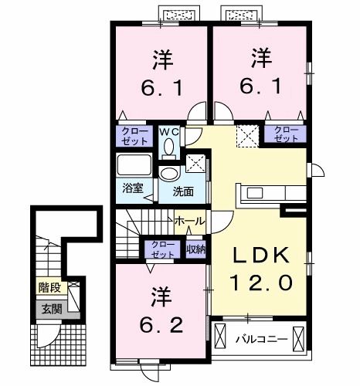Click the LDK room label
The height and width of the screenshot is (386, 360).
[x=260, y=256]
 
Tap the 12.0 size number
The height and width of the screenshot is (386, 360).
[x=261, y=282]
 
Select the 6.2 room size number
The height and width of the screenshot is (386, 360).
[x=161, y=325]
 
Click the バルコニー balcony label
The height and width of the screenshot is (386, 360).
[x=261, y=339]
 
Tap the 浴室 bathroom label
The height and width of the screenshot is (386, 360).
[x=132, y=188]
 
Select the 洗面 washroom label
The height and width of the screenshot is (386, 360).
[x=183, y=191]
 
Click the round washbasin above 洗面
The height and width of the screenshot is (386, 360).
[x=168, y=174]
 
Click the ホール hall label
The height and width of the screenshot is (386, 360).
[x=189, y=221]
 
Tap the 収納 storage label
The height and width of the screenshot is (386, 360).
[x=195, y=249]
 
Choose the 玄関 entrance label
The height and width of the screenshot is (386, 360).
[x=52, y=309]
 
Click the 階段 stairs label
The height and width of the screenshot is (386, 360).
[x=49, y=287]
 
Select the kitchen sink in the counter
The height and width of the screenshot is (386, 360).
[x=255, y=193]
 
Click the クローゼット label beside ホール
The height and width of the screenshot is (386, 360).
[x=163, y=249]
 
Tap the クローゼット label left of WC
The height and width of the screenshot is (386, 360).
[x=134, y=137]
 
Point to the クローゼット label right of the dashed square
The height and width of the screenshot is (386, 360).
[x=286, y=134]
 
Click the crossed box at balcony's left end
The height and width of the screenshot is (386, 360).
[x=219, y=336]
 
